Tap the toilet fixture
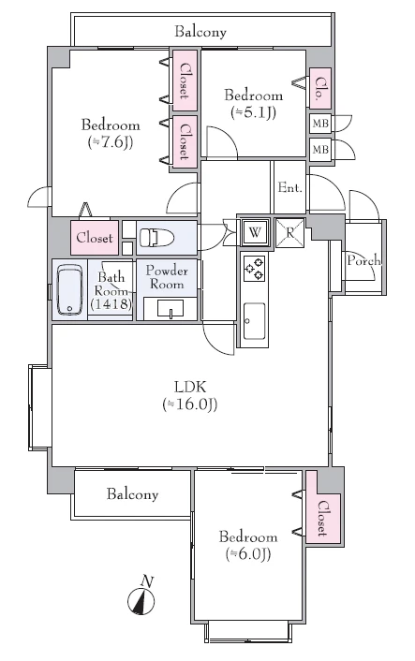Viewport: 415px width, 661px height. [156, 237]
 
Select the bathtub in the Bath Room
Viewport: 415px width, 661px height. [69, 289]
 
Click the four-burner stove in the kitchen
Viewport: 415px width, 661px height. [255, 269]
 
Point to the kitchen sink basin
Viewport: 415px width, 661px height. [254, 321]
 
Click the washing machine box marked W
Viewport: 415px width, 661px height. [254, 232]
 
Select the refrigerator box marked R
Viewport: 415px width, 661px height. [289, 232]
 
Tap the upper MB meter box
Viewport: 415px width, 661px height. [320, 124]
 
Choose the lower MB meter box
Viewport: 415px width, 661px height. [320, 149]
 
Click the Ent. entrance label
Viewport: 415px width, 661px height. [290, 187]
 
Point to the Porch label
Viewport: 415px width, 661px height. [363, 261]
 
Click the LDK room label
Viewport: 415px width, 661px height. [190, 386]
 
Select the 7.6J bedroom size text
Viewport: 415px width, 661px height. [111, 142]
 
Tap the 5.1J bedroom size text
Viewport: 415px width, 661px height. [253, 112]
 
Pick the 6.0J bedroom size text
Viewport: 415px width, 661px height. [248, 554]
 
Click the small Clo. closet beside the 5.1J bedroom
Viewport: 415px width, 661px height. [320, 87]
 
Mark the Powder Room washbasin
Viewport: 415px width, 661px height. [170, 308]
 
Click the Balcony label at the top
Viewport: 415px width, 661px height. [200, 32]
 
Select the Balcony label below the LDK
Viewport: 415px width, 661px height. [132, 494]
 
